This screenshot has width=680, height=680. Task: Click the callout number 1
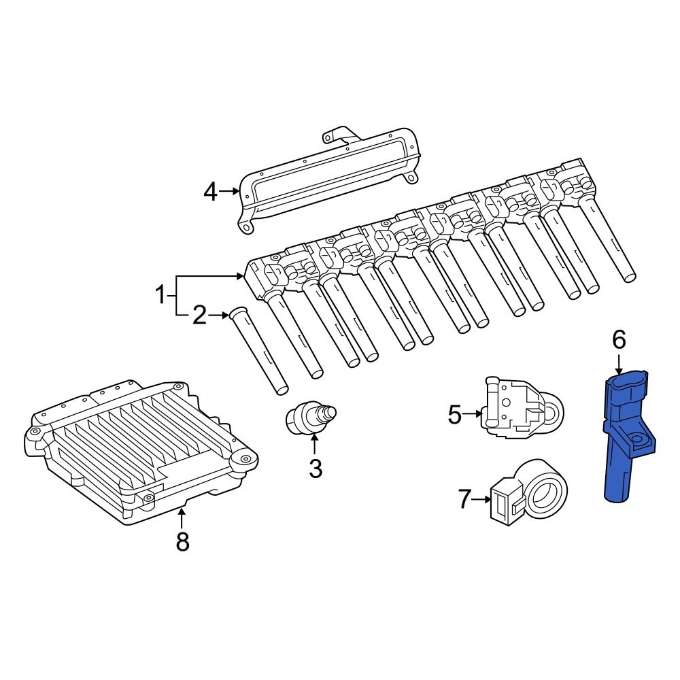point(160,296)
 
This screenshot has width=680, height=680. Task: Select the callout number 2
point(199,316)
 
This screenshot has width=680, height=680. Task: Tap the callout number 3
point(315,468)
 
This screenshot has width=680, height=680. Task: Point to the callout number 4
point(211,192)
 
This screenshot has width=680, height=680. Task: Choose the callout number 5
point(455,414)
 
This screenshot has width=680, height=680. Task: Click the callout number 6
point(618,339)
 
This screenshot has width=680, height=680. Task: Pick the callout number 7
point(464,500)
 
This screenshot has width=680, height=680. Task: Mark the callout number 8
point(182,541)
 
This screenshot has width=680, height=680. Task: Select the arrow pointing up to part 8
point(182,517)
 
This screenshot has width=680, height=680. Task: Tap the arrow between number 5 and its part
point(474,413)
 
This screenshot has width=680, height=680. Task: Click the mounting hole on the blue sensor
point(639,440)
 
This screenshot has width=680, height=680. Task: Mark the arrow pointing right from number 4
point(231,192)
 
